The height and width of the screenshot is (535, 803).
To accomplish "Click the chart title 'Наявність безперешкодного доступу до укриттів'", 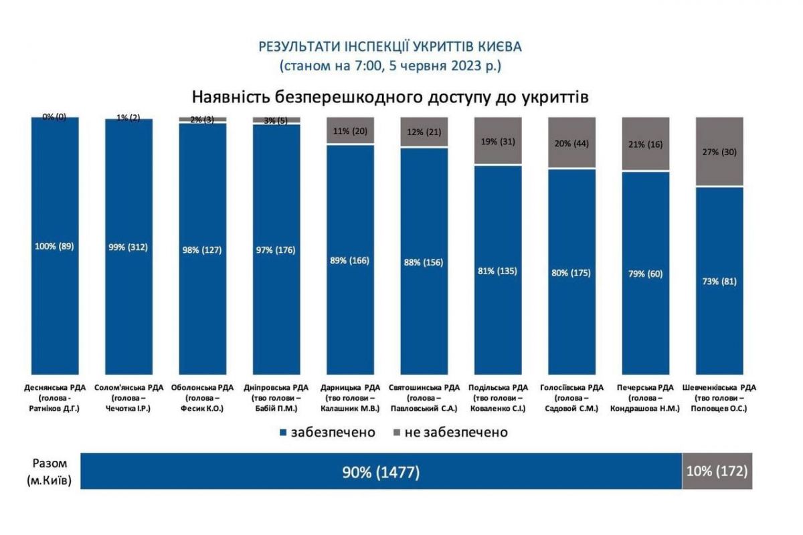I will (390, 96).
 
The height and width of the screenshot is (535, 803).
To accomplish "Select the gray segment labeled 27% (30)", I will (721, 151).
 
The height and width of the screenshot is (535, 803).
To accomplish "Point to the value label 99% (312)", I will (129, 247).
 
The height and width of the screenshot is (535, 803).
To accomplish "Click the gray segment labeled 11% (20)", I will (351, 130).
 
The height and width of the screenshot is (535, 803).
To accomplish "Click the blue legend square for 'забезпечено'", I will (284, 433).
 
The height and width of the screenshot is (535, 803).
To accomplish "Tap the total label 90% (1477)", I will (381, 472).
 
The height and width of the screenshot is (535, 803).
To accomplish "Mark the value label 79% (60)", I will (645, 273).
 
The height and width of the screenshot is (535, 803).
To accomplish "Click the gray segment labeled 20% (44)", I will (571, 142).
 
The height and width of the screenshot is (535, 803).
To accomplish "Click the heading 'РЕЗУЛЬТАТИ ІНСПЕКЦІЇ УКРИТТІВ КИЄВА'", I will (389, 47).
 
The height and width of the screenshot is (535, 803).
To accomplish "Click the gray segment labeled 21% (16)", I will (645, 144).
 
